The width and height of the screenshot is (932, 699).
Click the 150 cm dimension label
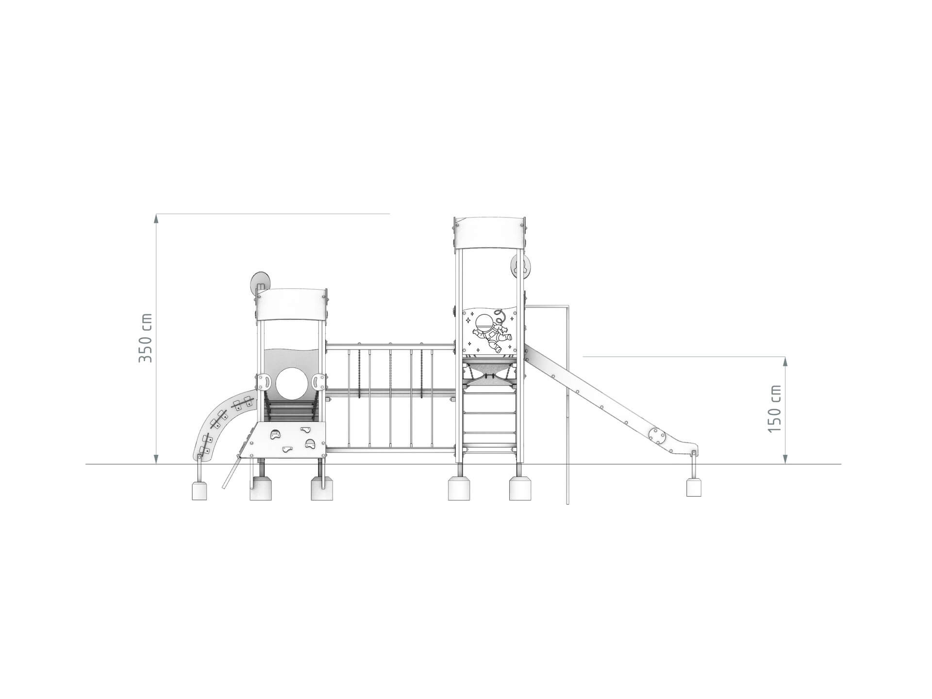pyautogui.click(x=775, y=409)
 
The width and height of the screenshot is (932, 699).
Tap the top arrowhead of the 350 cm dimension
pyautogui.click(x=156, y=218)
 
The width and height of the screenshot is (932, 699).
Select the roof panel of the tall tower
pyautogui.click(x=490, y=233)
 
